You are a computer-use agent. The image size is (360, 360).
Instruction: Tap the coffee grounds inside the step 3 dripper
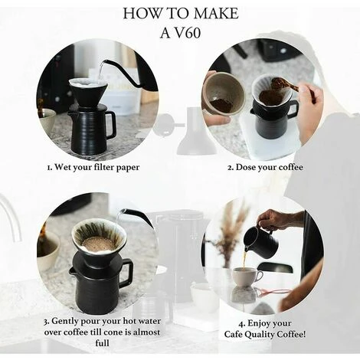tap(98, 243)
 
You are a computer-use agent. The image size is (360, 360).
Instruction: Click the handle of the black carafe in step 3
tap(126, 271)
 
